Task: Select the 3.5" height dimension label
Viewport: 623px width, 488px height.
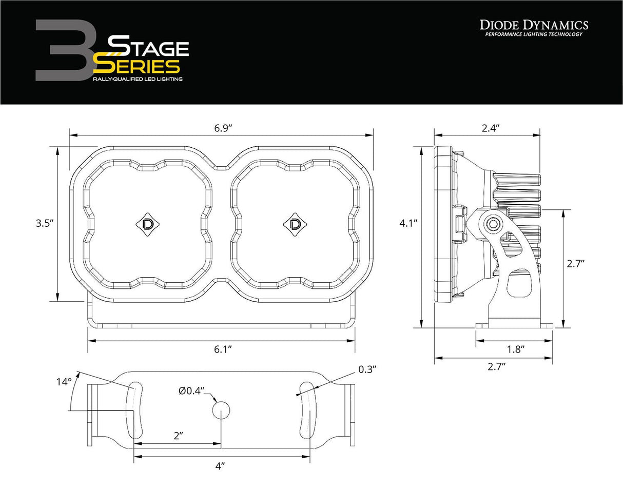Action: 44,223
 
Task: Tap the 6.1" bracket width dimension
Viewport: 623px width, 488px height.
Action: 222,349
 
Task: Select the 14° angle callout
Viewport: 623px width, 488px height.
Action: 64,382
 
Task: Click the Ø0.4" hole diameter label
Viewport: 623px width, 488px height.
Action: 192,391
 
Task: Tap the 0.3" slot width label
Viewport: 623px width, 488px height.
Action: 367,369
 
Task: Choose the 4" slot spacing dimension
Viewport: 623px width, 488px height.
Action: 221,465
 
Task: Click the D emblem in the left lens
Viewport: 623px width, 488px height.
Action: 147,224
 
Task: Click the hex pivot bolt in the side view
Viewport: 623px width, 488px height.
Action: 495,224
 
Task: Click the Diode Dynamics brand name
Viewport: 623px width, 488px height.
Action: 534,25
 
